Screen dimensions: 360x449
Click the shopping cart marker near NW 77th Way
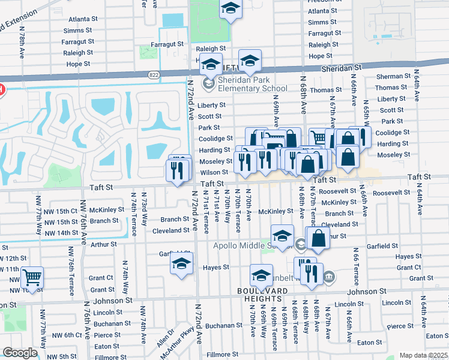click(32, 278)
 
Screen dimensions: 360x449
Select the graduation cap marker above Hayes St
click(181, 263)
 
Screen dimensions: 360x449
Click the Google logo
click(20, 353)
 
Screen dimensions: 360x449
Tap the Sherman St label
click(393, 77)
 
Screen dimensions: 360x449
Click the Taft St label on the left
click(101, 187)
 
